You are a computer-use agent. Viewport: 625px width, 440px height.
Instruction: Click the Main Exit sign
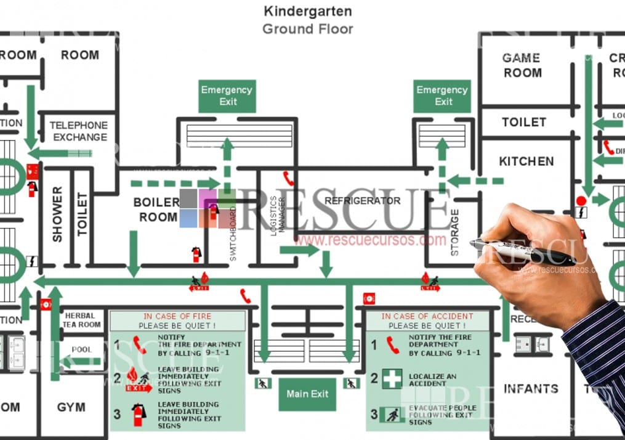tap(307, 394)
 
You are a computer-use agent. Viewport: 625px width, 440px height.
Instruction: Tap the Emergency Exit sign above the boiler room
tap(227, 96)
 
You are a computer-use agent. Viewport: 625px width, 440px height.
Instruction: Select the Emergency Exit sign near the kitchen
tap(442, 96)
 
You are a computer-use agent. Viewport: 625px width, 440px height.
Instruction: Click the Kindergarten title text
tap(307, 10)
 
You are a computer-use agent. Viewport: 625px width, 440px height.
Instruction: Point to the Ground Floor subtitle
tap(307, 28)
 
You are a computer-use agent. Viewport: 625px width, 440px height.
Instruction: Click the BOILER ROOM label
tap(157, 210)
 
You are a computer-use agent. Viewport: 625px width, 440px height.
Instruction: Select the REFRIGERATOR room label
tap(362, 200)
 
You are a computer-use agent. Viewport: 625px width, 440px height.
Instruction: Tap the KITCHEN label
tap(526, 161)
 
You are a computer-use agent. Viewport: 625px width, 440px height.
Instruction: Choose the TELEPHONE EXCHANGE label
tap(79, 131)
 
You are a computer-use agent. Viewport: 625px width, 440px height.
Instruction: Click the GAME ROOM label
tap(522, 65)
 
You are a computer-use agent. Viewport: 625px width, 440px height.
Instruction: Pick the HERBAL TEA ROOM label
tap(81, 320)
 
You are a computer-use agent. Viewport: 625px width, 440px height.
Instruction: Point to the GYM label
tap(71, 407)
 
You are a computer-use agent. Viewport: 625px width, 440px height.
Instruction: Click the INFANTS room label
tap(530, 389)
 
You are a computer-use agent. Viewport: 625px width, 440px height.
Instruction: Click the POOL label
tap(81, 349)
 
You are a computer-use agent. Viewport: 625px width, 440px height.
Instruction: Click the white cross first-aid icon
tap(392, 378)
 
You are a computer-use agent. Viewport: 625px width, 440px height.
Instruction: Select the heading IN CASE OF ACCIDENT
tap(427, 316)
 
